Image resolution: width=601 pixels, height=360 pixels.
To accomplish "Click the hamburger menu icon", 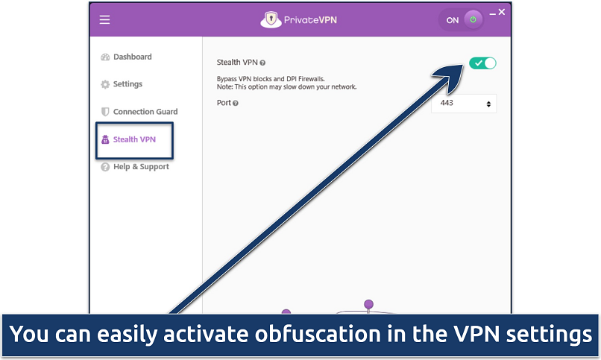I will (104, 20).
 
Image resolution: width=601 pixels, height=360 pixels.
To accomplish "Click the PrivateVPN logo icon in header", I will (271, 19).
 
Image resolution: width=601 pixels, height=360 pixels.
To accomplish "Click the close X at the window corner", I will (502, 12).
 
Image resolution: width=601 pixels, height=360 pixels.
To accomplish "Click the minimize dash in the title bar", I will (491, 12).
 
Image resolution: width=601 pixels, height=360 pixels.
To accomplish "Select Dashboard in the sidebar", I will (132, 57).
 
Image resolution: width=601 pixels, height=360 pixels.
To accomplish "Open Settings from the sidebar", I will (128, 84).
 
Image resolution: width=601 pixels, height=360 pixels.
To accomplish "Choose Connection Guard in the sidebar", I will (145, 112).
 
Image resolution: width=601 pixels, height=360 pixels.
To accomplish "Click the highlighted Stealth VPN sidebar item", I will (134, 139).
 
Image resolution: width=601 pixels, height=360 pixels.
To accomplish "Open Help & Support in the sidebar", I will (141, 167).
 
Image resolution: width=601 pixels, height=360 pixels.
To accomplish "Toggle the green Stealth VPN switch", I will (482, 63).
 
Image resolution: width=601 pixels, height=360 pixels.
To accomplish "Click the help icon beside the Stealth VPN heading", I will (262, 63).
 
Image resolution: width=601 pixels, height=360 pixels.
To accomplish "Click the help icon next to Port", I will (236, 103).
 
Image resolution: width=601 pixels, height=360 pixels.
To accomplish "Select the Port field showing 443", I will (457, 103).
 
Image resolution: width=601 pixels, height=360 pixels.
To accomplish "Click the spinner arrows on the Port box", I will (488, 104).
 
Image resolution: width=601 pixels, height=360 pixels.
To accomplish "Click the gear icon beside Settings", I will (105, 84).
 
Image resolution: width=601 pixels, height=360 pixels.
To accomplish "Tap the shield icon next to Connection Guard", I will (105, 112).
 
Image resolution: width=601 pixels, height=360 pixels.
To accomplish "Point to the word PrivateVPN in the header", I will (310, 20).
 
